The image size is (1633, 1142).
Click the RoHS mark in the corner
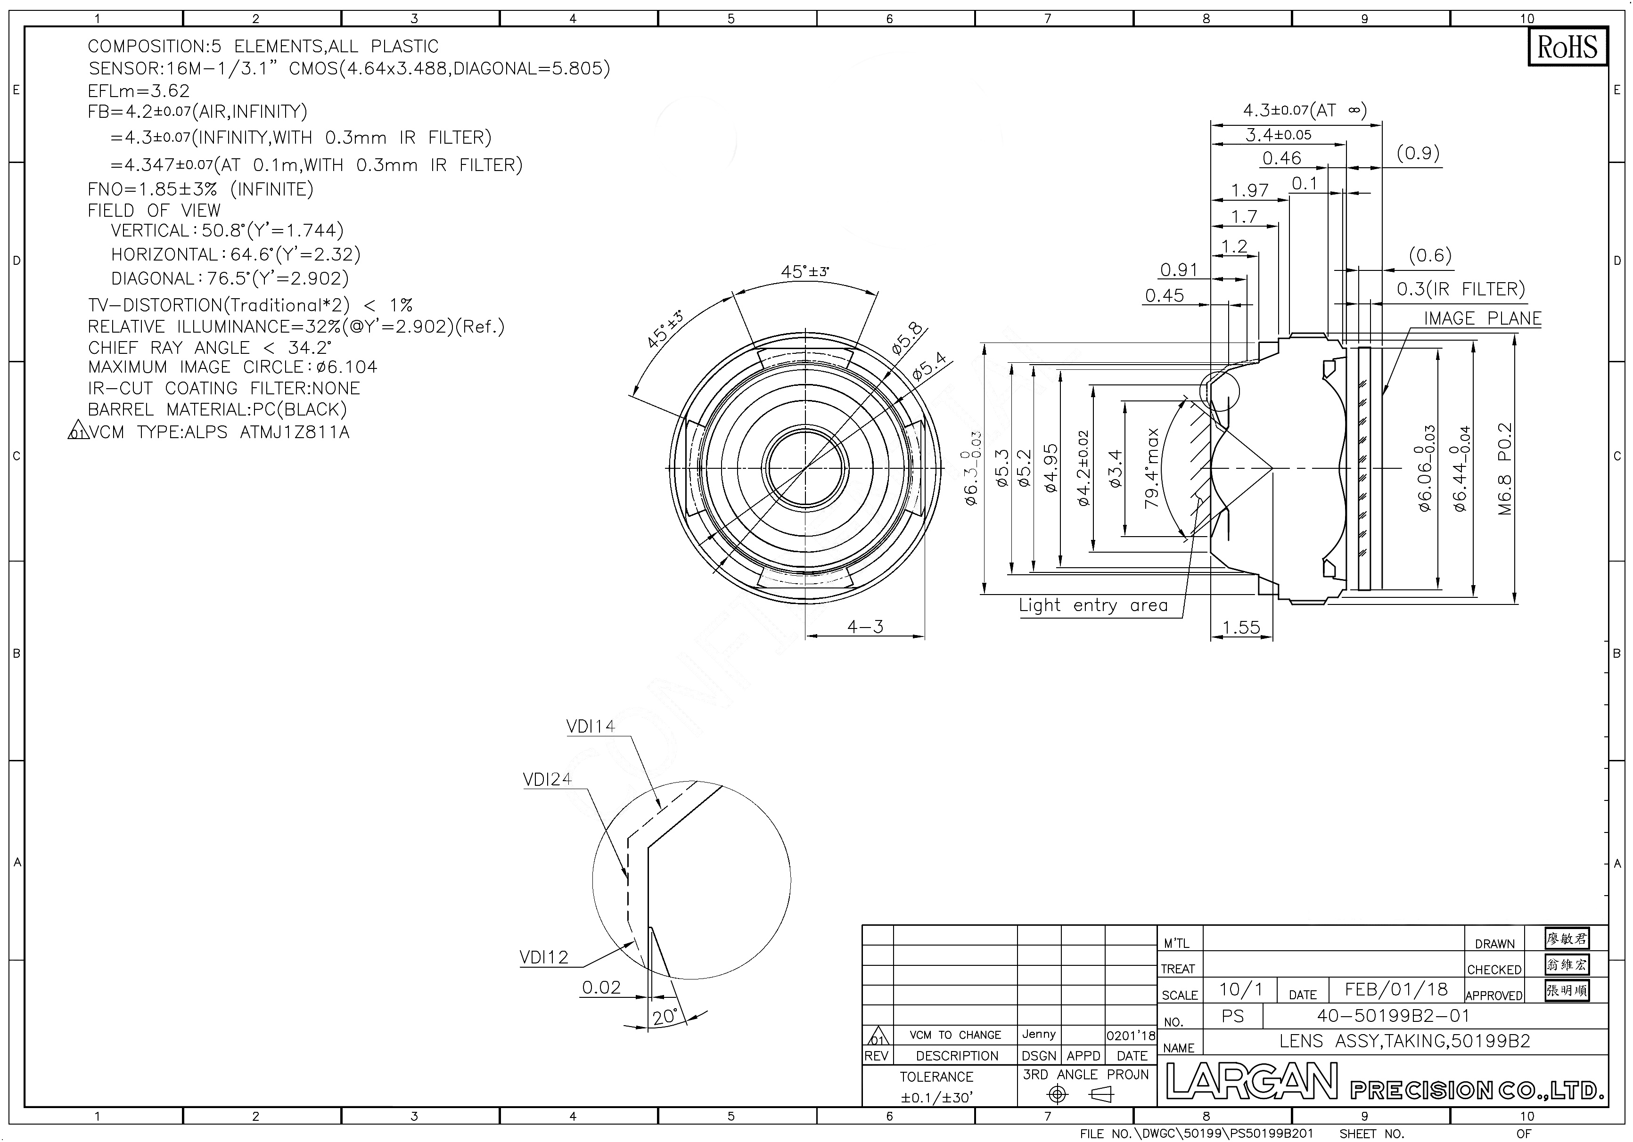pos(1567,47)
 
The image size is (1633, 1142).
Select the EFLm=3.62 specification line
pos(139,91)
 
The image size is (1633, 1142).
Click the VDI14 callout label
pos(591,726)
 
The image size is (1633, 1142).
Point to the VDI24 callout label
pos(547,779)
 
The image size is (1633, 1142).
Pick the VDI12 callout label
pos(544,957)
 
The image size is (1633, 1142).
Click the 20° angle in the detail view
pos(665,1017)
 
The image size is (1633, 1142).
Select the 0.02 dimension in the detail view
pos(601,987)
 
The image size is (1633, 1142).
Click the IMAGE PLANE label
pos(1482,318)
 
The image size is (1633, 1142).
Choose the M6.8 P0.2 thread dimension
pos(1505,469)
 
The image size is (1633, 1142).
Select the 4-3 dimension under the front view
pos(865,627)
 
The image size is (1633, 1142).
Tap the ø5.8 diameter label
pos(908,338)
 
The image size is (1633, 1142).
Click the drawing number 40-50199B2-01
pos(1393,1015)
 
